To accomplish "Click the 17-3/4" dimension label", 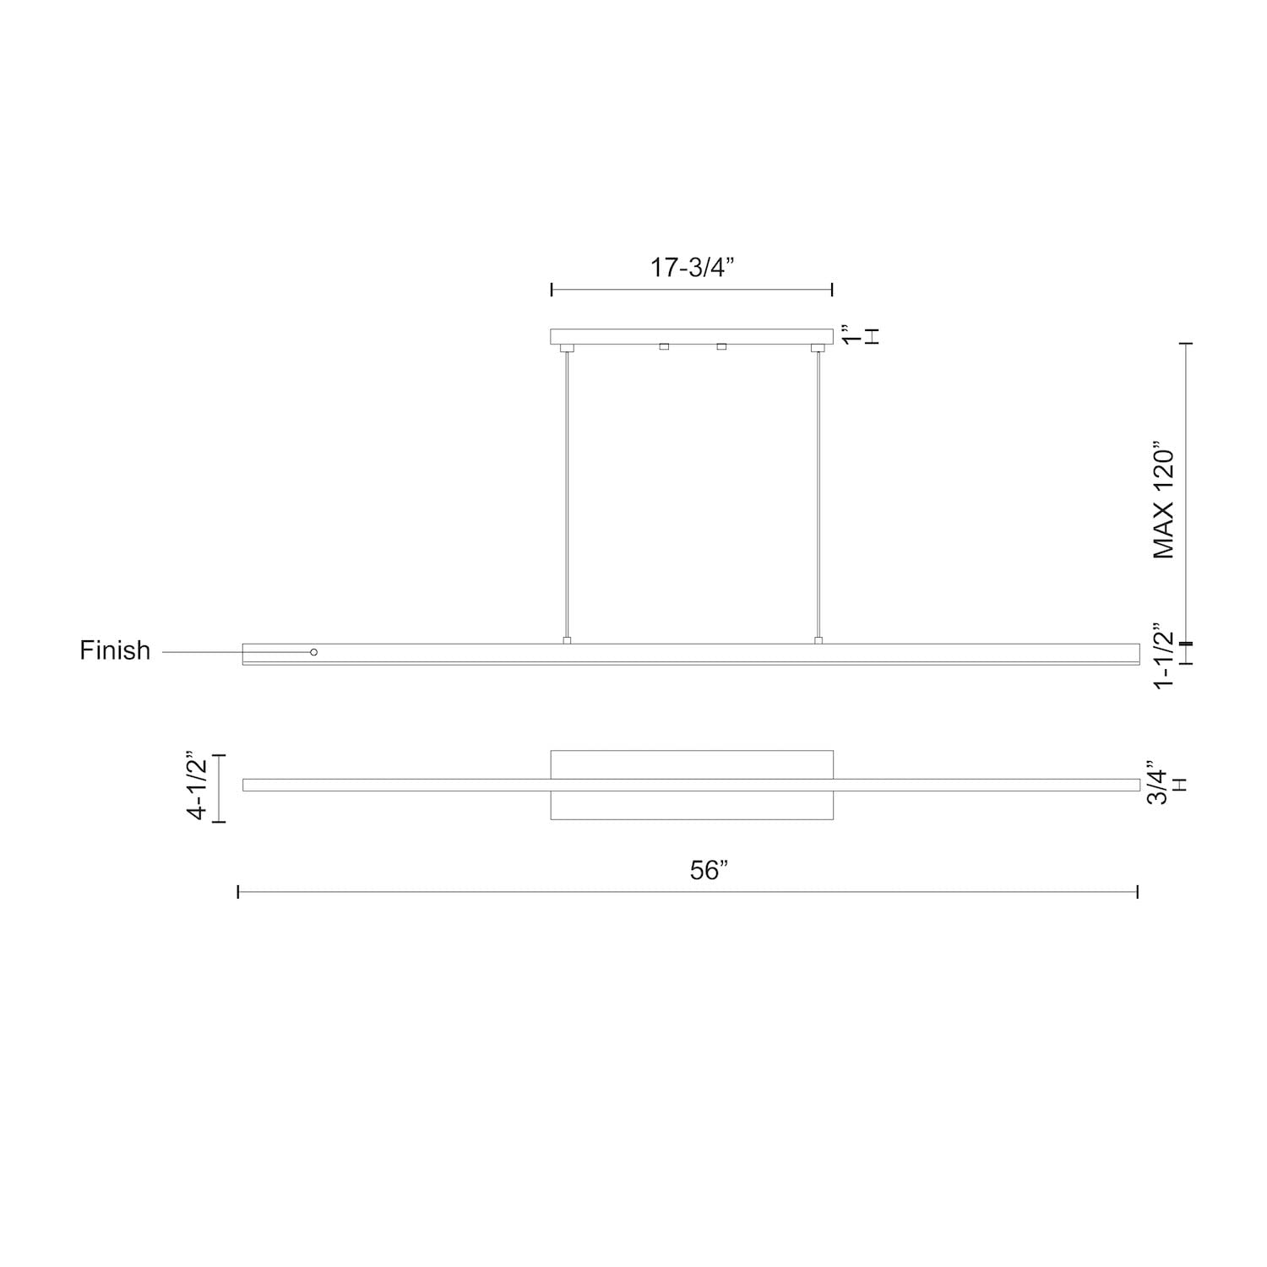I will pyautogui.click(x=692, y=268).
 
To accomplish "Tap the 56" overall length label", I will pyautogui.click(x=709, y=870).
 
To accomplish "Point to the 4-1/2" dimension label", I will pyautogui.click(x=197, y=785).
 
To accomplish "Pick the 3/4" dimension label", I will pyautogui.click(x=1157, y=786).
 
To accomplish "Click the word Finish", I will pyautogui.click(x=115, y=650).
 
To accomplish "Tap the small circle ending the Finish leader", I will pyautogui.click(x=314, y=652).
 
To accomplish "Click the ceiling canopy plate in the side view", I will pyautogui.click(x=692, y=336).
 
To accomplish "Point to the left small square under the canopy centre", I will pyautogui.click(x=664, y=346).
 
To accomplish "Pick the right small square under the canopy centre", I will pyautogui.click(x=721, y=346).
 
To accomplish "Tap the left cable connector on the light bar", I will pyautogui.click(x=567, y=640).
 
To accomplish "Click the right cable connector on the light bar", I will pyautogui.click(x=818, y=640).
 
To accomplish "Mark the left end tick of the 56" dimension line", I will pyautogui.click(x=238, y=891).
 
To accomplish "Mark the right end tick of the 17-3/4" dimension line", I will pyautogui.click(x=833, y=290).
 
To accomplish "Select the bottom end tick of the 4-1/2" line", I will pyautogui.click(x=219, y=820).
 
